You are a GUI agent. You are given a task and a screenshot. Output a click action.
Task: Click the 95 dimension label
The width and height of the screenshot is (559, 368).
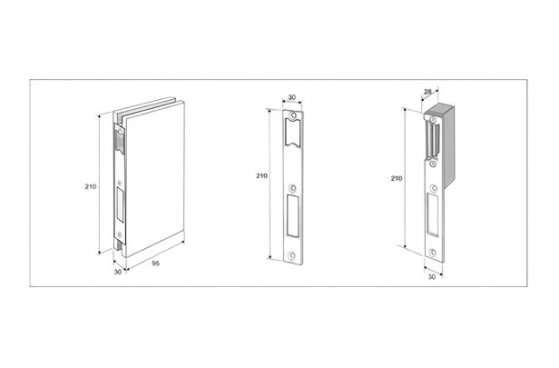[x=155, y=264]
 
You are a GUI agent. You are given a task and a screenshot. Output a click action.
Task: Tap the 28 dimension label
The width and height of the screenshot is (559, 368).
[x=427, y=92]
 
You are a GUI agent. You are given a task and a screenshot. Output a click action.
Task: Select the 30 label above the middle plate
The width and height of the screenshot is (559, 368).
[x=291, y=97]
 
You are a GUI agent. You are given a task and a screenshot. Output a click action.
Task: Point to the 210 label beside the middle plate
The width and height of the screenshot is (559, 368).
[x=261, y=175]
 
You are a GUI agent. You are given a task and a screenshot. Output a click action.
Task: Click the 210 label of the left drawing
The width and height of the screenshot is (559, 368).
[x=91, y=186]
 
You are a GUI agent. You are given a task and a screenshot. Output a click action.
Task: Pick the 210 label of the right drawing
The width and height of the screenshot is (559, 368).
[x=397, y=178]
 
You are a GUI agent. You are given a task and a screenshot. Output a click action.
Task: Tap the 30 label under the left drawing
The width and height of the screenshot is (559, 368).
[x=118, y=272]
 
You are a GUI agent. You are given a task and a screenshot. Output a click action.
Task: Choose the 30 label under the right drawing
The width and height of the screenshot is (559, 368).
[x=431, y=277]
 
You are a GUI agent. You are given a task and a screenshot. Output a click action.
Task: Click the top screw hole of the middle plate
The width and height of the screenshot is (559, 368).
[x=293, y=115]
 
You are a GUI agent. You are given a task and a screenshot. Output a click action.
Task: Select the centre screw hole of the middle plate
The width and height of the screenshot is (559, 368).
[x=292, y=188]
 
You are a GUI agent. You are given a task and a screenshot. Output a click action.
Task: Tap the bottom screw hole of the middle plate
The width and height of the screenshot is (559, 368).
[x=291, y=255]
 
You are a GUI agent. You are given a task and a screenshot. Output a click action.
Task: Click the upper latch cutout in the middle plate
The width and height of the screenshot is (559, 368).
[x=293, y=133]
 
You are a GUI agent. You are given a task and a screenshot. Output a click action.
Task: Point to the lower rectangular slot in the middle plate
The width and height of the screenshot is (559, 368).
[x=293, y=215]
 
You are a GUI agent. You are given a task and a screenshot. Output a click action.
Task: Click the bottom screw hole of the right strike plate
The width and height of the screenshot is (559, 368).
[x=433, y=253]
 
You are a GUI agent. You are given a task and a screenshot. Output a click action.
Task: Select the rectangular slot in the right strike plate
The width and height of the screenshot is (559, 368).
[x=434, y=214]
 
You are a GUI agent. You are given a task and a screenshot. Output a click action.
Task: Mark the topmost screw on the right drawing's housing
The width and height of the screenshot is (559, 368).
[x=433, y=120]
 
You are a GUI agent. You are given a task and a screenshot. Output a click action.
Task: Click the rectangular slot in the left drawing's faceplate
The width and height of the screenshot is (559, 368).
[x=120, y=205]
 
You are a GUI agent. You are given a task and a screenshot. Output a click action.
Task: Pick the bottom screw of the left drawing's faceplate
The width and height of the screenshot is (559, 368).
[x=120, y=234]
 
